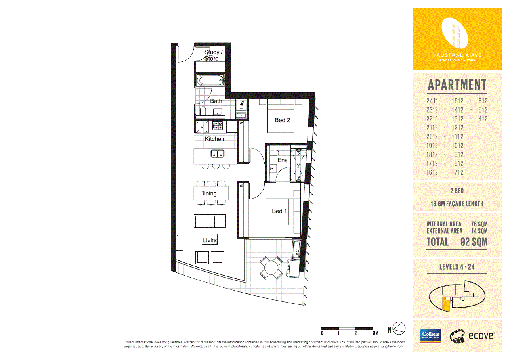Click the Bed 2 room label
pyautogui.click(x=283, y=120)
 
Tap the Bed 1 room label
pyautogui.click(x=279, y=211)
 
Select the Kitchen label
pyautogui.click(x=214, y=139)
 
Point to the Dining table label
pyautogui.click(x=208, y=193)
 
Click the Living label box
pyautogui.click(x=210, y=240)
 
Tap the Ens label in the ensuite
pyautogui.click(x=282, y=160)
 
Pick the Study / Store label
pyautogui.click(x=213, y=55)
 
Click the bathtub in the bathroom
pyautogui.click(x=210, y=81)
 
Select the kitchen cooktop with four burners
pyautogui.click(x=217, y=126)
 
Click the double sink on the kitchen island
pyautogui.click(x=217, y=154)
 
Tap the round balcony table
pyautogui.click(x=271, y=268)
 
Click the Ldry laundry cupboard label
pyautogui.click(x=241, y=105)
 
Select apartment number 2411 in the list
pyautogui.click(x=432, y=101)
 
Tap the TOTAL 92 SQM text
pyautogui.click(x=457, y=242)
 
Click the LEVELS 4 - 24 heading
pyautogui.click(x=457, y=267)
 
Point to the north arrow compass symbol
pyautogui.click(x=400, y=328)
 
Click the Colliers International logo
pyautogui.click(x=430, y=336)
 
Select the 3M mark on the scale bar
pyautogui.click(x=376, y=333)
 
